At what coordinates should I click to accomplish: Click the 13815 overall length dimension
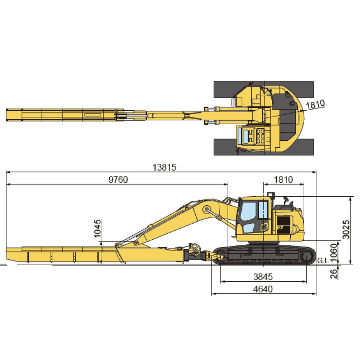[164, 167]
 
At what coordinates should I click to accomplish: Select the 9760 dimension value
[118, 180]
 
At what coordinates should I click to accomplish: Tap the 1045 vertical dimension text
[97, 229]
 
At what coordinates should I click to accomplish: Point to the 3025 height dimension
[346, 229]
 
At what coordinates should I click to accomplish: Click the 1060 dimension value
[333, 253]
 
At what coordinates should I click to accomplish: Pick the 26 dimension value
[334, 274]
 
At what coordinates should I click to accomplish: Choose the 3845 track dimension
[263, 277]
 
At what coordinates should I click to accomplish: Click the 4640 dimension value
[263, 289]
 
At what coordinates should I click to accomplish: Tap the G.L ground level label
[323, 261]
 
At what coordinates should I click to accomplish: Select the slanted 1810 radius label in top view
[315, 104]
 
